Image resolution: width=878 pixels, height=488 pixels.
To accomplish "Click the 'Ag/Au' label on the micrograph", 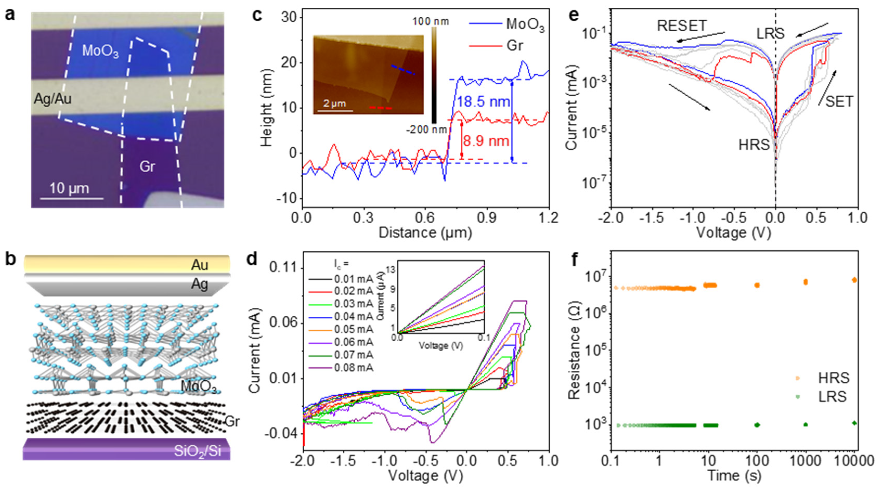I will tap(53, 99).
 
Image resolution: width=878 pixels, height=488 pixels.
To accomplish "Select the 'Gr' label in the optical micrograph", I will tap(147, 166).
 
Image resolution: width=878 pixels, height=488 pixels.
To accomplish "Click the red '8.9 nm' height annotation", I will tap(486, 141).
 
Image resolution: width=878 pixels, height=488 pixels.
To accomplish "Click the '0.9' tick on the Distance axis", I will tap(486, 218).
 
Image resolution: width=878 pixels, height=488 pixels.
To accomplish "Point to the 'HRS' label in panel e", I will tap(754, 145).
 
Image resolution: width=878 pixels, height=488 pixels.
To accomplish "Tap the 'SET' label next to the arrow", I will tap(839, 102).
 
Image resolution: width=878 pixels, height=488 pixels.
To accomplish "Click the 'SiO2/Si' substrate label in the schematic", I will tap(197, 451).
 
